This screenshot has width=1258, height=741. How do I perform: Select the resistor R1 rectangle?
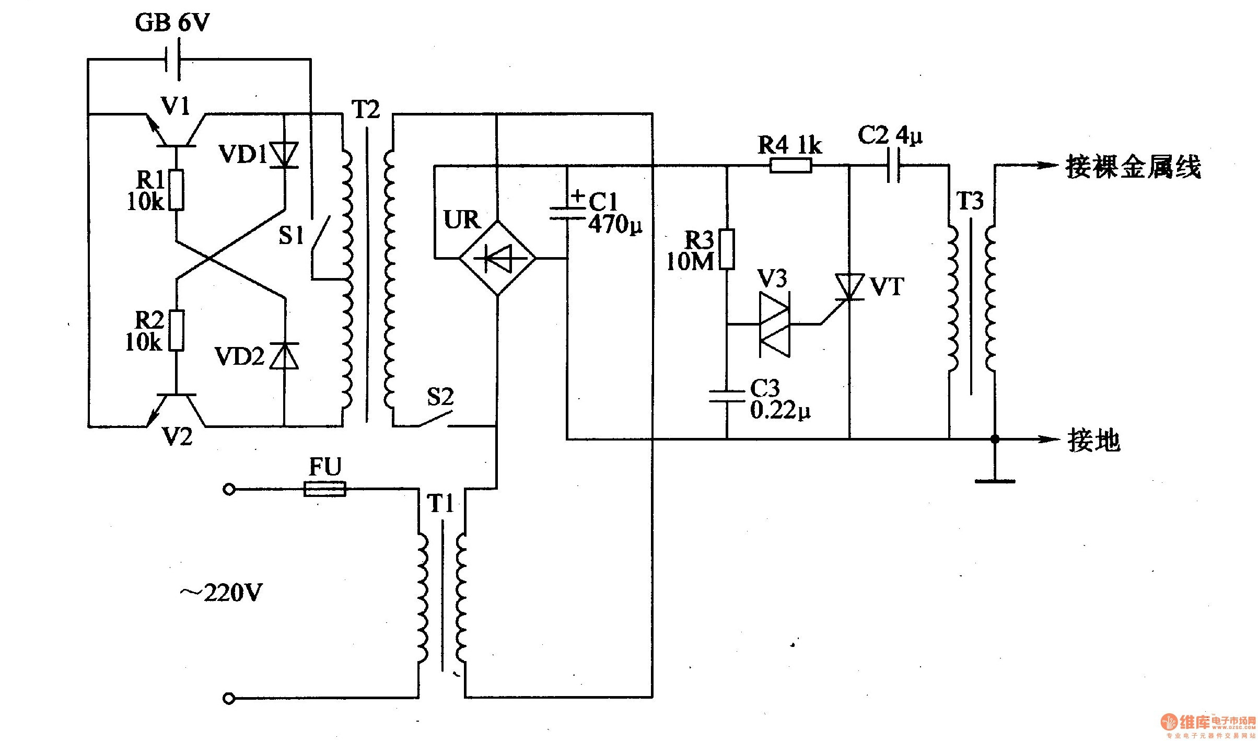(177, 190)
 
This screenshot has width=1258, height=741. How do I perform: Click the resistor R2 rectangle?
(177, 330)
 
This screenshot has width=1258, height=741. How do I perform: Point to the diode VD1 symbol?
(284, 155)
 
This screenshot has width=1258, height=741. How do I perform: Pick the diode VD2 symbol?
(284, 356)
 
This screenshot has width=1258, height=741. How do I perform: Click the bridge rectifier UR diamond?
(497, 258)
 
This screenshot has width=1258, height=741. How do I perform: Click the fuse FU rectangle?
(324, 490)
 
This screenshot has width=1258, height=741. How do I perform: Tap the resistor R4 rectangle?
(791, 166)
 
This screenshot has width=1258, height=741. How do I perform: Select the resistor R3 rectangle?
(727, 249)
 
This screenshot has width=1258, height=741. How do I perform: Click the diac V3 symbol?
(775, 325)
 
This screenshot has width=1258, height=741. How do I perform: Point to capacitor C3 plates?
(727, 396)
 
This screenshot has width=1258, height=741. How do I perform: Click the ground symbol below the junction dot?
(995, 480)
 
